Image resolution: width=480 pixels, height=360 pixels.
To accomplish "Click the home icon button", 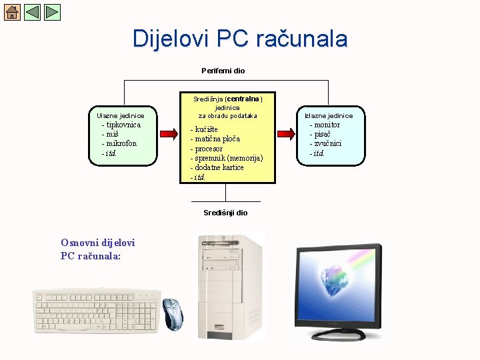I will click(x=12, y=12).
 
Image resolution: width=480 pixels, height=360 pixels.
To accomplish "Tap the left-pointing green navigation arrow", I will click(x=32, y=12).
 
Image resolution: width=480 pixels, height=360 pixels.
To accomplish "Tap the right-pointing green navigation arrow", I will click(x=52, y=12).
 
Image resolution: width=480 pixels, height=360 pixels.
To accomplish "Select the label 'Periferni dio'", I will click(x=223, y=71).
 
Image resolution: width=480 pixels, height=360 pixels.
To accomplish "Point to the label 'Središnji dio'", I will click(x=225, y=213).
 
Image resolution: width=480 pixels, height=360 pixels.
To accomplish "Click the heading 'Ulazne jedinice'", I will click(x=121, y=116).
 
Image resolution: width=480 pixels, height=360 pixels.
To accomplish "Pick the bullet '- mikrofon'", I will click(x=119, y=143).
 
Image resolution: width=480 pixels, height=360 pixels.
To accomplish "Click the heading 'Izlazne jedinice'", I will click(x=329, y=116).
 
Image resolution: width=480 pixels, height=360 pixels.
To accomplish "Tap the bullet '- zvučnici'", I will click(x=325, y=143).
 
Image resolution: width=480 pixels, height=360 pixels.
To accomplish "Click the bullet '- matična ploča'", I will click(x=215, y=139).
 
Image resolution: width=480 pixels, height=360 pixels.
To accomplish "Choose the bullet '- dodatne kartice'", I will click(x=217, y=167).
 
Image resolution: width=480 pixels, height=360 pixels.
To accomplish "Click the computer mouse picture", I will click(x=173, y=313).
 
